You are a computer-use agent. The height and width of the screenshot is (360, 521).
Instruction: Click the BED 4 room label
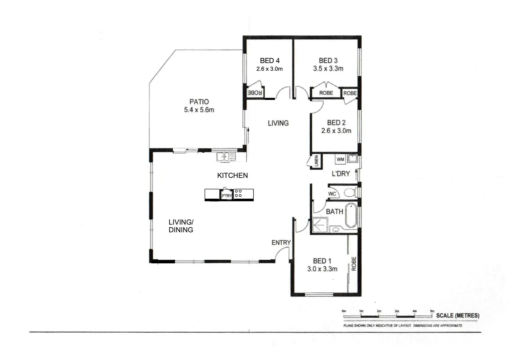point(270,60)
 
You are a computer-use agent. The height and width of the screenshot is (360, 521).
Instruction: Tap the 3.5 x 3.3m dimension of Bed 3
point(328,69)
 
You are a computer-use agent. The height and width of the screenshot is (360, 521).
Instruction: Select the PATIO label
point(199,102)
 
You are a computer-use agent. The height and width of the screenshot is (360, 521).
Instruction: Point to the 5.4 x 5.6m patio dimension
point(199,110)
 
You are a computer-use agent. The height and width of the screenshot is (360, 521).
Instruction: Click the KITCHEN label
point(232,175)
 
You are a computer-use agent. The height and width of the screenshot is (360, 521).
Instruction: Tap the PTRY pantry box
point(226,195)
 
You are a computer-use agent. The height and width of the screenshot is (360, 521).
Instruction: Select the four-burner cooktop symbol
point(238,193)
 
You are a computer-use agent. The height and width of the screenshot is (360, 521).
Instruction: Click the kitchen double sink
point(225,156)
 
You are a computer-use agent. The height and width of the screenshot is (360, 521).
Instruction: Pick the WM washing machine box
point(340,159)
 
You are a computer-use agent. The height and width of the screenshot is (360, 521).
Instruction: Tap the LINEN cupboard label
point(316,161)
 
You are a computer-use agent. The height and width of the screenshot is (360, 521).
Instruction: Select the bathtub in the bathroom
point(351,215)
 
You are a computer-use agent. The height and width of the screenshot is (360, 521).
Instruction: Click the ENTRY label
point(281,243)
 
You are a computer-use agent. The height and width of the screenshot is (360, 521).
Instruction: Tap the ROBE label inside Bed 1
point(354,263)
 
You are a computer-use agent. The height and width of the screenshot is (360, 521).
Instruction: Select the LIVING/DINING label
point(181,226)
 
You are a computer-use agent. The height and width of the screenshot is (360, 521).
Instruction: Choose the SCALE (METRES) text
point(458,315)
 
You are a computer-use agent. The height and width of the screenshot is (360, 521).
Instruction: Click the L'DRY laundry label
point(341,174)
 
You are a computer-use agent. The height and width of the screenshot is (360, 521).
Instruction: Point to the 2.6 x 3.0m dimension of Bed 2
point(336,131)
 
